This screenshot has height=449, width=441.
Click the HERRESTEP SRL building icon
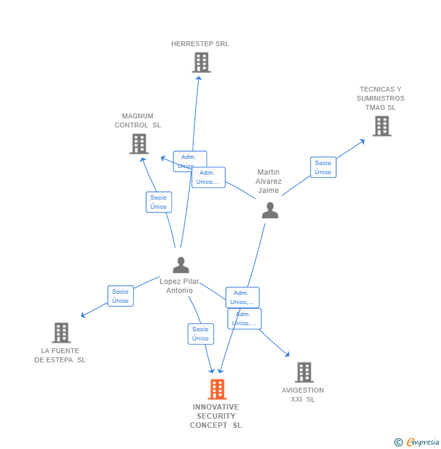click(x=201, y=62)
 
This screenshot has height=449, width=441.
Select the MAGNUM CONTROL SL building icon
click(x=139, y=144)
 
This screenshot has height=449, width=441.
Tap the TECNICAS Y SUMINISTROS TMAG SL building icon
click(x=382, y=126)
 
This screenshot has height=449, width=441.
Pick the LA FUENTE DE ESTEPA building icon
click(x=61, y=333)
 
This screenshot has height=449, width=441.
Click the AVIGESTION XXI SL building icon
click(x=303, y=373)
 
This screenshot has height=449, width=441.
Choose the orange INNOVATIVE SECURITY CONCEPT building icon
click(x=217, y=389)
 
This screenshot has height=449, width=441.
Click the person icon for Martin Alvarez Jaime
click(x=270, y=210)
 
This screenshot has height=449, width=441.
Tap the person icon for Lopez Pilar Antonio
click(x=181, y=265)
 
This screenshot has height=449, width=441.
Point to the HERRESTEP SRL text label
click(x=200, y=44)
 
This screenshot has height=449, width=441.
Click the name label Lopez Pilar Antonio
click(x=179, y=286)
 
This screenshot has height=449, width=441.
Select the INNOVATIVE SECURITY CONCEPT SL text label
click(x=216, y=416)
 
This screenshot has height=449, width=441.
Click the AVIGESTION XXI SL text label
click(x=303, y=395)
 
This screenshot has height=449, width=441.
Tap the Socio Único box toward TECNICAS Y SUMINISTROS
click(x=323, y=167)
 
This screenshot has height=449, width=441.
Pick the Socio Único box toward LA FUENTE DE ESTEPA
click(x=120, y=296)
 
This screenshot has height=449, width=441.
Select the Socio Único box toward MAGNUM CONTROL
click(x=159, y=202)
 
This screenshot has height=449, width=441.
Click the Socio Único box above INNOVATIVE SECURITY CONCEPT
click(x=201, y=334)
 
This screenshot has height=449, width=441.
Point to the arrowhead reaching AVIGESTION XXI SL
click(x=287, y=354)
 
